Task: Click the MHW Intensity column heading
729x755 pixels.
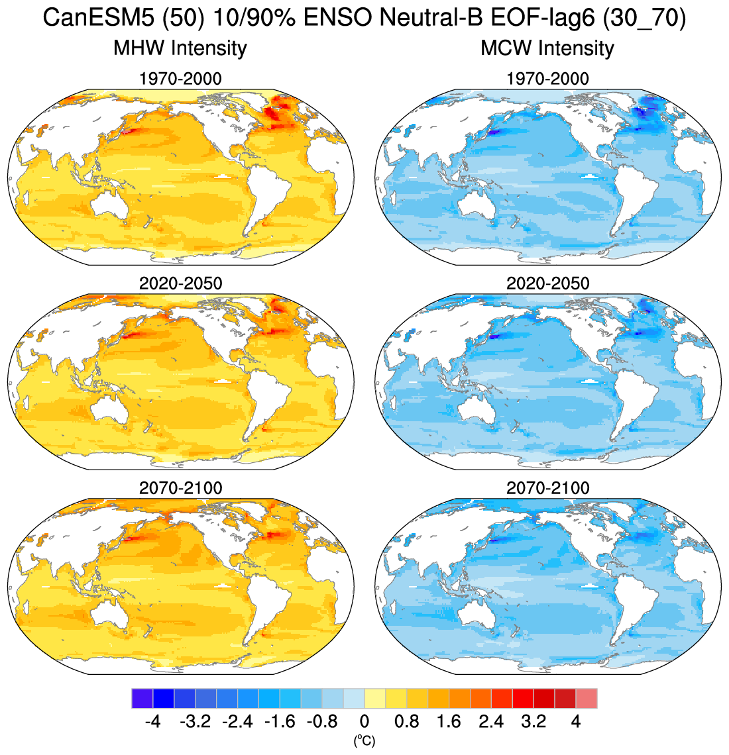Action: (x=180, y=48)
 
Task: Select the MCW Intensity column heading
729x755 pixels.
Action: (x=547, y=48)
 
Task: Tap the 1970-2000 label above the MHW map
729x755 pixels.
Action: (x=180, y=79)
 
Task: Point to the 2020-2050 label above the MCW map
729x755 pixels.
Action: (x=547, y=283)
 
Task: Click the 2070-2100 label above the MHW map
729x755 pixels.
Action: (x=180, y=488)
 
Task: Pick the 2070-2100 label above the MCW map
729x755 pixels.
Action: (x=547, y=488)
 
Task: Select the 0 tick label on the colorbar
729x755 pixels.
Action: (x=364, y=721)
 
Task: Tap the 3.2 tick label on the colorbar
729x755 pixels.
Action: (x=533, y=721)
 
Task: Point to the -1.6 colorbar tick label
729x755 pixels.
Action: (x=280, y=721)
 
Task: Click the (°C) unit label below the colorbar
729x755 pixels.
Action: (x=364, y=741)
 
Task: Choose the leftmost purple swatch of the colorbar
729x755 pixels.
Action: (x=142, y=699)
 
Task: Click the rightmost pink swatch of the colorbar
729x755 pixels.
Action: (x=587, y=699)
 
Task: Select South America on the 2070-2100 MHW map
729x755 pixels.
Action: (x=265, y=603)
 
